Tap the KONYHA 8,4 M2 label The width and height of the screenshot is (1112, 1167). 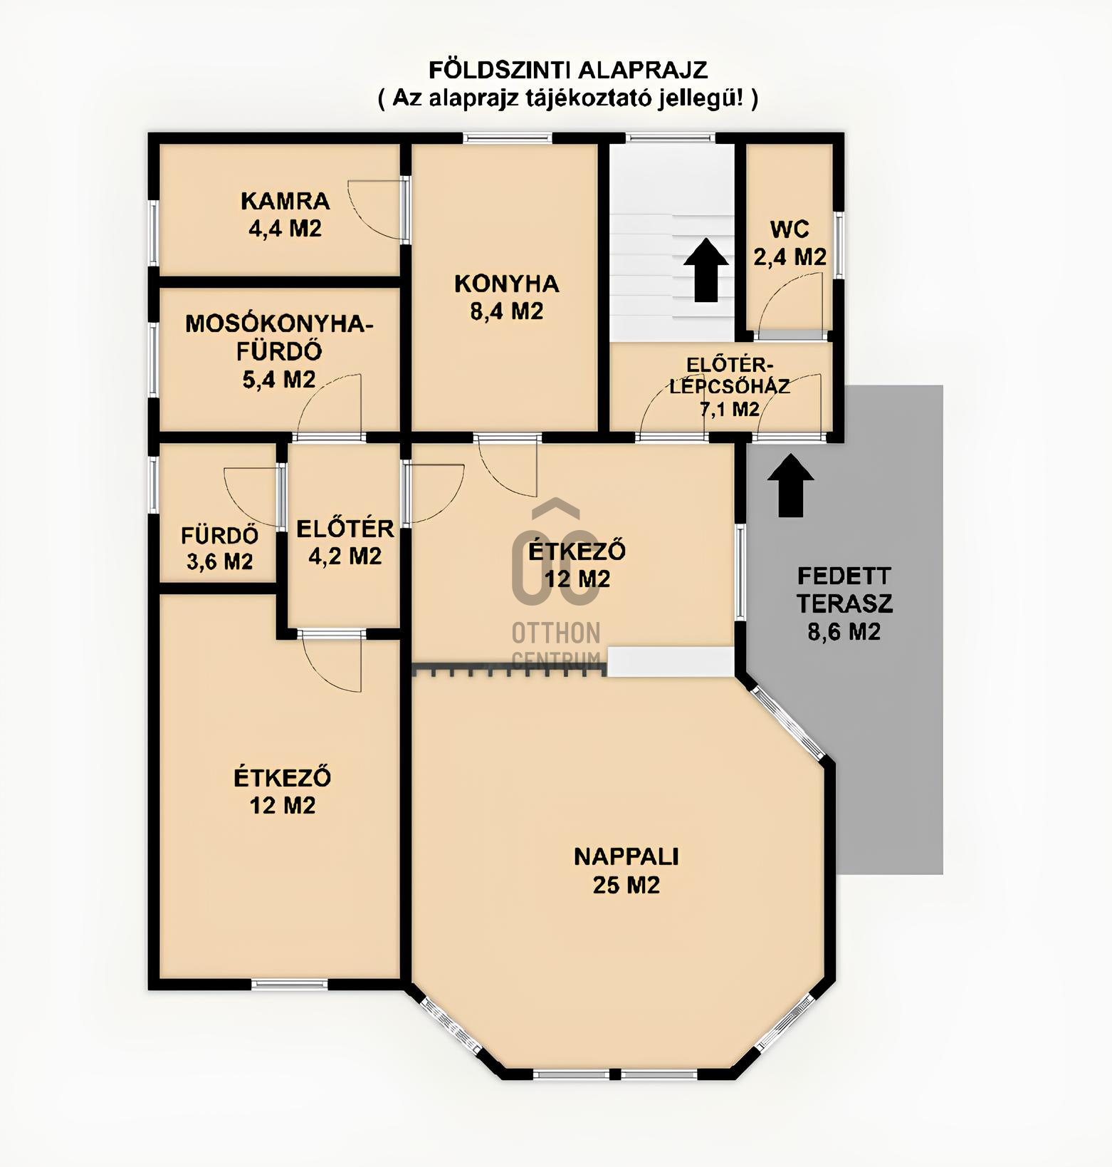coord(506,297)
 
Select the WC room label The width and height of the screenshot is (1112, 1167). coord(790,243)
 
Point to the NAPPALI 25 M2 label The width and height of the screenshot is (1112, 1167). coord(626,870)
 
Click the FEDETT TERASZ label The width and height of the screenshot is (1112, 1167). coord(844,603)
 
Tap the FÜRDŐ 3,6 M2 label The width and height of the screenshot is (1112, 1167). coord(219,548)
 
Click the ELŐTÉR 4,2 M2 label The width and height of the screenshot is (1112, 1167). coord(345,541)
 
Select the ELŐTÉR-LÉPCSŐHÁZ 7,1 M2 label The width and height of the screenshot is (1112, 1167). coord(728,387)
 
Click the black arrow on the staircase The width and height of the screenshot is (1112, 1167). coord(706,270)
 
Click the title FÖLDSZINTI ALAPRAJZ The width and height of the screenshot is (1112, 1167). coord(567,70)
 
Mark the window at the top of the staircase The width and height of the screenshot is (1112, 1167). coord(671,138)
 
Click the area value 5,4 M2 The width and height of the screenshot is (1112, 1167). coord(279,380)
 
